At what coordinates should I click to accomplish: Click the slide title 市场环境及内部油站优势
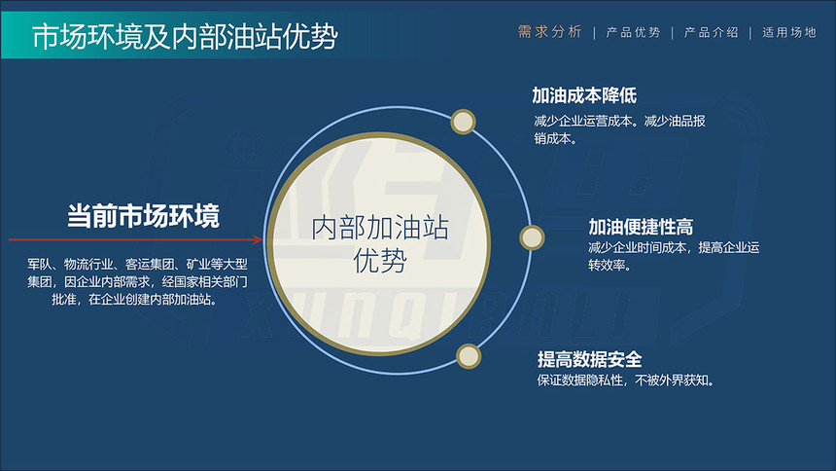185,36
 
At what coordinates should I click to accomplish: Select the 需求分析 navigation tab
549,32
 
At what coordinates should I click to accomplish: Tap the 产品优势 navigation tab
633,32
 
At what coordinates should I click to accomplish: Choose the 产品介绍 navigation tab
711,32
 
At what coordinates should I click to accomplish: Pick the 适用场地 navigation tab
789,32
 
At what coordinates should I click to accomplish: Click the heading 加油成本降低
584,95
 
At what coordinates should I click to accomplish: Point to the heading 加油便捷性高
641,227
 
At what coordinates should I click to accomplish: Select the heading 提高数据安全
590,359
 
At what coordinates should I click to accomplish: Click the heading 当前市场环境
143,216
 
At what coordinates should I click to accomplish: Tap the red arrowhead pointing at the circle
258,239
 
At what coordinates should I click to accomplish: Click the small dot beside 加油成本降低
463,122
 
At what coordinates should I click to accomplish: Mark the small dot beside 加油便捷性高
532,237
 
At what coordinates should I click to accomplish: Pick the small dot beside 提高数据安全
469,356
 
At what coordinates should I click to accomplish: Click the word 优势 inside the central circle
380,261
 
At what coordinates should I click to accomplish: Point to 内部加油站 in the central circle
380,228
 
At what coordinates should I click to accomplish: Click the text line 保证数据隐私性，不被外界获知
625,380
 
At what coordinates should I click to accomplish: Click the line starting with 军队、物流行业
138,264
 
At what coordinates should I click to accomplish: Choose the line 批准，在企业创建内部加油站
134,299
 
